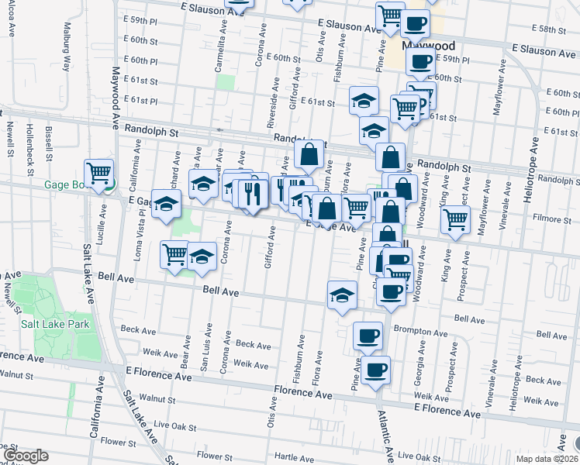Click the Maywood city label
click(428, 46)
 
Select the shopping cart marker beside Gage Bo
click(99, 174)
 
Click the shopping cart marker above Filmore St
click(455, 219)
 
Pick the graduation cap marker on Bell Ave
click(341, 294)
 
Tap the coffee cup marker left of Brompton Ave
click(368, 336)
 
